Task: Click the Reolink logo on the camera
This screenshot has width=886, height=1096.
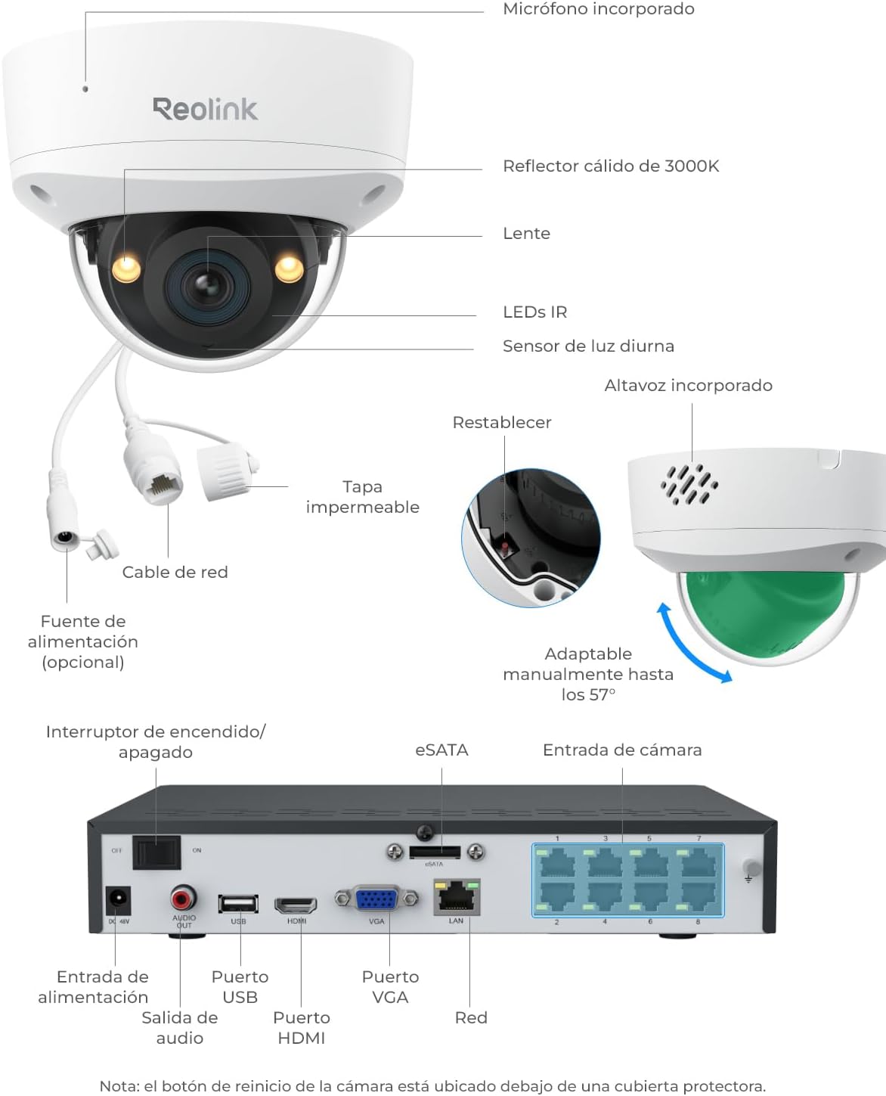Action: [205, 109]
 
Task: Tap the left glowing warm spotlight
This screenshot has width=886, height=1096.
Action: [126, 268]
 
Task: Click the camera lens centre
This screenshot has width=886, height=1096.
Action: [208, 286]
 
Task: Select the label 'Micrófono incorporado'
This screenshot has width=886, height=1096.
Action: [599, 9]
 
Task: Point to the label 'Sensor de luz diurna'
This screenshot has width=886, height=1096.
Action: [588, 346]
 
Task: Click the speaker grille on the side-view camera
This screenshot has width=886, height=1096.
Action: [689, 483]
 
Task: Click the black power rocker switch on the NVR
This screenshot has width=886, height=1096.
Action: [156, 852]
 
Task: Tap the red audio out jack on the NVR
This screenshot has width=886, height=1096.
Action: [182, 899]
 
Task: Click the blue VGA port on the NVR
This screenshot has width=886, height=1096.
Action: [376, 899]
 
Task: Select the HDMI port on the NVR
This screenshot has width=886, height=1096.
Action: [296, 905]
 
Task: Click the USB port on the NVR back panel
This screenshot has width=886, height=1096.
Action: [238, 904]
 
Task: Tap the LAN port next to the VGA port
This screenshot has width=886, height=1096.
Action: [457, 897]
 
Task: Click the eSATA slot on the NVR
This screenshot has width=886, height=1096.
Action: [435, 852]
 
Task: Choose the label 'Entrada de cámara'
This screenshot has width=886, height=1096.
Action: [622, 750]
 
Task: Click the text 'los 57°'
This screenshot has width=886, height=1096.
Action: [588, 694]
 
